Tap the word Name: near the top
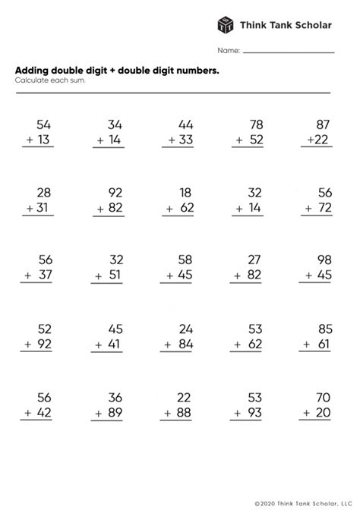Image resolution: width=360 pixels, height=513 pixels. click(229, 51)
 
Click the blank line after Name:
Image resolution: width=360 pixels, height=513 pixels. click(289, 52)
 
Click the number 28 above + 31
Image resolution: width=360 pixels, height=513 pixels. click(43, 192)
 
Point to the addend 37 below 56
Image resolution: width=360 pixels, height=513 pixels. click(43, 275)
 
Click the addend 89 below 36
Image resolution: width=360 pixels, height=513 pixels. click(113, 413)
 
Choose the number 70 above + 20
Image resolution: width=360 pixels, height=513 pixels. click(323, 397)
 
